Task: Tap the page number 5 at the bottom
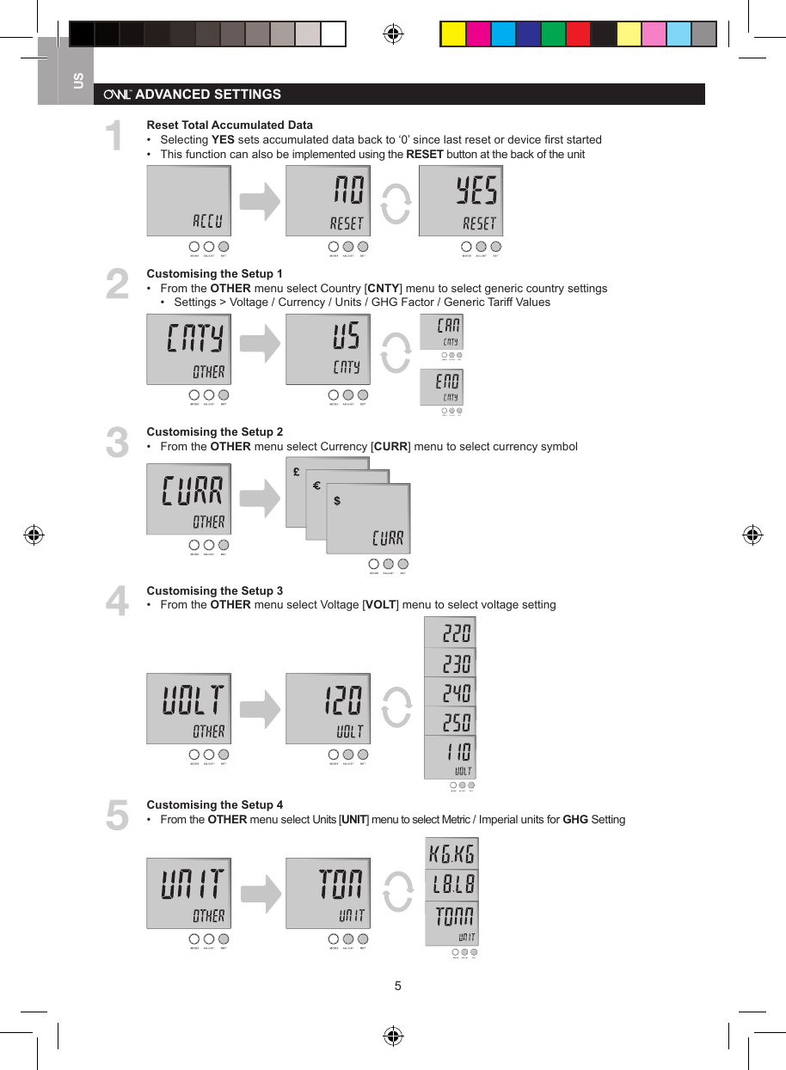[x=397, y=986]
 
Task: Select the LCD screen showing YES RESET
[x=460, y=201]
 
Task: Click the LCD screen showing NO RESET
[x=328, y=201]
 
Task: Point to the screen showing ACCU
[x=188, y=201]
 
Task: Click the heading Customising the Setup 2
[x=214, y=431]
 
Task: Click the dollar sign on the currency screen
[x=336, y=501]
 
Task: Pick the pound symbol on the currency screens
[x=296, y=473]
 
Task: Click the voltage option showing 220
[x=450, y=633]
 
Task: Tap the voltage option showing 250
[x=450, y=721]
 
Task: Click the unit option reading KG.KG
[x=451, y=854]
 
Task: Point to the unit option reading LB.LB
[x=451, y=884]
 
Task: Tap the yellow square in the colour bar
[x=453, y=34]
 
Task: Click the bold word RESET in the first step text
[x=424, y=154]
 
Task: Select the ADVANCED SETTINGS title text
[x=208, y=94]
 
